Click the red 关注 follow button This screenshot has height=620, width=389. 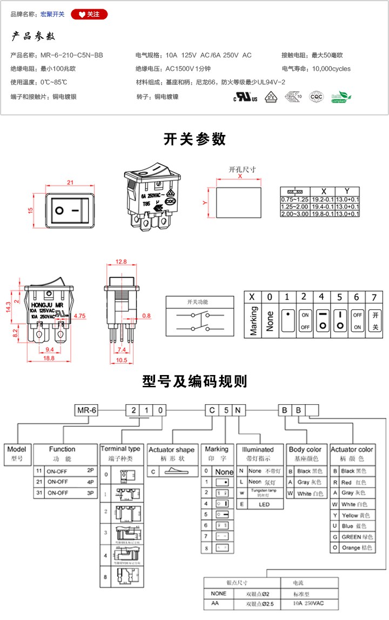pyautogui.click(x=89, y=15)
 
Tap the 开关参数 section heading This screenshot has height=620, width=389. pyautogui.click(x=194, y=139)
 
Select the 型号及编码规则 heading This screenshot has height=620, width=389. pyautogui.click(x=194, y=381)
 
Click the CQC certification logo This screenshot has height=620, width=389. pyautogui.click(x=316, y=97)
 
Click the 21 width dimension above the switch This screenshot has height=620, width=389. pyautogui.click(x=70, y=182)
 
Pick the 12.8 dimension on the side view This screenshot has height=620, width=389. pyautogui.click(x=121, y=262)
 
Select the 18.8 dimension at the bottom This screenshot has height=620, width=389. pyautogui.click(x=49, y=358)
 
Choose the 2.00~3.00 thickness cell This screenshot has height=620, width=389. pyautogui.click(x=295, y=214)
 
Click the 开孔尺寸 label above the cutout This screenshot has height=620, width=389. pyautogui.click(x=242, y=169)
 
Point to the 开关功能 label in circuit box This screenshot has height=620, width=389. pyautogui.click(x=197, y=302)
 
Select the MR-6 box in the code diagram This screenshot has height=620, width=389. pyautogui.click(x=86, y=410)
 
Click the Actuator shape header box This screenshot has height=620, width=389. pyautogui.click(x=171, y=449)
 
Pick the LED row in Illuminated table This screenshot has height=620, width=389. pyautogui.click(x=260, y=505)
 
